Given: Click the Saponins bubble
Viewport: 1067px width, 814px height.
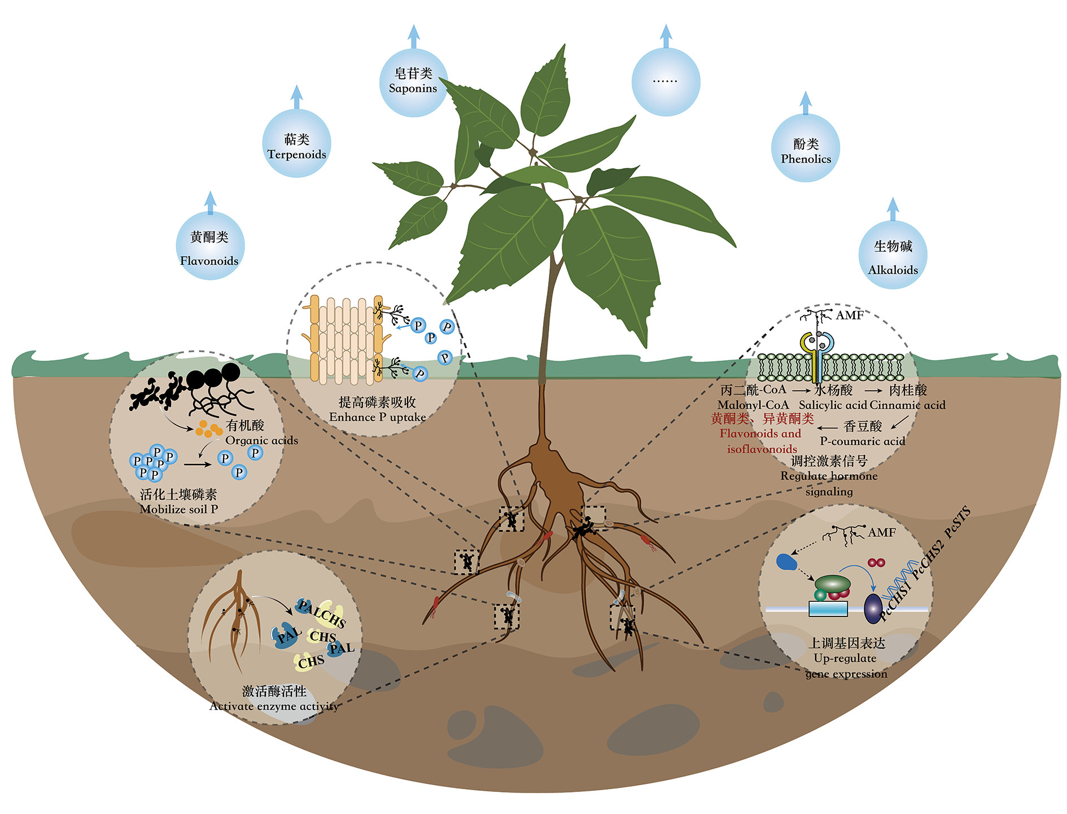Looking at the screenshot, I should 413,82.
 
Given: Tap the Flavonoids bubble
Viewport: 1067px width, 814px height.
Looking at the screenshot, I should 209,246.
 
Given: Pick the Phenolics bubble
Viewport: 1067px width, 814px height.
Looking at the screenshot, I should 806,148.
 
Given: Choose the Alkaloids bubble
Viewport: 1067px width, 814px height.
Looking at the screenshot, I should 893,255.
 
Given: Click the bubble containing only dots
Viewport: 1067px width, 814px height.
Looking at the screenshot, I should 666,82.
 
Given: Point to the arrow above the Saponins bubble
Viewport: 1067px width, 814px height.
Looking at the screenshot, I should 414,37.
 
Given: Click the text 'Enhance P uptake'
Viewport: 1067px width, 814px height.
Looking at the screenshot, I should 377,417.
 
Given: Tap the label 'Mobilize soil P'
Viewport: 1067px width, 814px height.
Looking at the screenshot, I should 178,509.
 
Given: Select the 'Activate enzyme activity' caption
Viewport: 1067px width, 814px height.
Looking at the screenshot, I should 274,706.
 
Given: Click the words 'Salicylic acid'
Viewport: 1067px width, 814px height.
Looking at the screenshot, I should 833,405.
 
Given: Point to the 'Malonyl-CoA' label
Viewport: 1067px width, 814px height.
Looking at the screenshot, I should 753,405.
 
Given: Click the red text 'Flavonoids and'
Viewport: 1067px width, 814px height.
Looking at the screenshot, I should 760,434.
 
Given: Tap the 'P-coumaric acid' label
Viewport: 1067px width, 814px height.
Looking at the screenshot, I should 862,441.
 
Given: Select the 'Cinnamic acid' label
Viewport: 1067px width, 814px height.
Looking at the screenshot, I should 907,405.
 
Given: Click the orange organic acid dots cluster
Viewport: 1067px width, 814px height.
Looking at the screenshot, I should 208,429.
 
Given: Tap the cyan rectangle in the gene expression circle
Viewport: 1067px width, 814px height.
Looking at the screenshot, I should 828,609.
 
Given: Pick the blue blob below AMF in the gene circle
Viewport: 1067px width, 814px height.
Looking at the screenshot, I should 786,562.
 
